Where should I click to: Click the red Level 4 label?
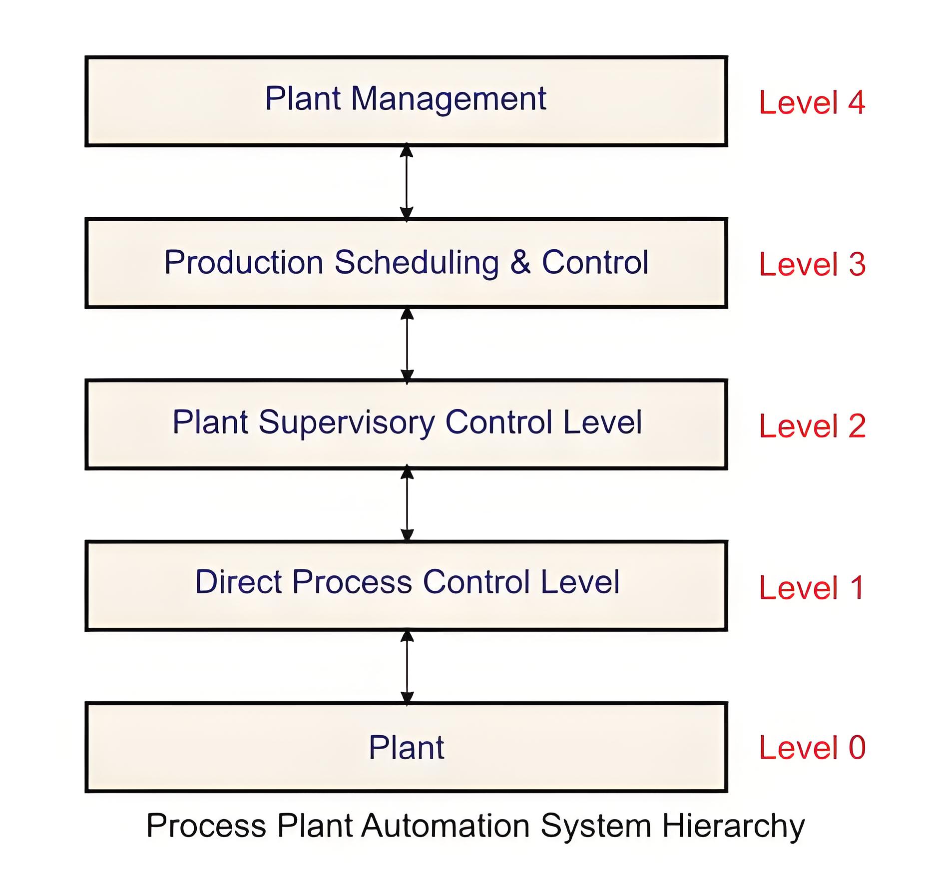812,102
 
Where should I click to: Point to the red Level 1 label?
812,587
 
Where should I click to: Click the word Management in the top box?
449,99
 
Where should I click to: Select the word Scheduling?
417,264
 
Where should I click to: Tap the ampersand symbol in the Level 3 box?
520,262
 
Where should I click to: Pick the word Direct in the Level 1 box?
239,582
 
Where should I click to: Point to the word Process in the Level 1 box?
352,582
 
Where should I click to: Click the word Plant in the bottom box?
407,748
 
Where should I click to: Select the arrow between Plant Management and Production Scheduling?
407,182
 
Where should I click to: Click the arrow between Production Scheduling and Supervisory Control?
407,345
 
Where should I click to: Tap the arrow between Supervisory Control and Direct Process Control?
407,504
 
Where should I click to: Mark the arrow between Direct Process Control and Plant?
407,667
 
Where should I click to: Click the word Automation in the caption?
446,826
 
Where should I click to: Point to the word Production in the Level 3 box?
244,262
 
